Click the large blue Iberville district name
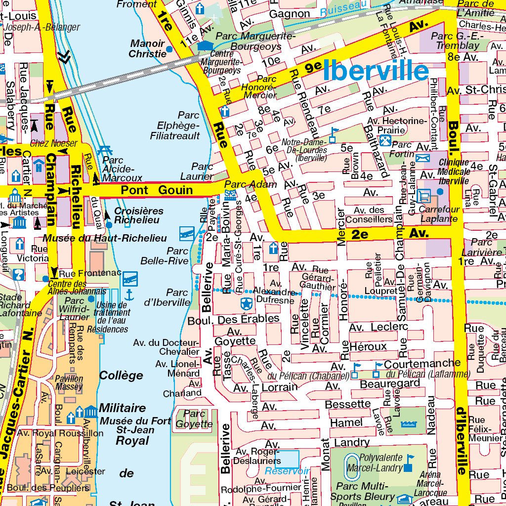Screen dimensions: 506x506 pos(376,71)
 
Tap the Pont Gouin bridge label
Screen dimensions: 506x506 pos(157,190)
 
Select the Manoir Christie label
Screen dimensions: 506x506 pos(147,48)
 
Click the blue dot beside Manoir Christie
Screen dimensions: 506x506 pos(169,49)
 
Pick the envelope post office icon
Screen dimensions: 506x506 pos(423,158)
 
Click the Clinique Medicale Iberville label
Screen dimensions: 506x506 pos(453,171)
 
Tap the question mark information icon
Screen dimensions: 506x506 pos(19,274)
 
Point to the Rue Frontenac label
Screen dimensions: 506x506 pos(83,273)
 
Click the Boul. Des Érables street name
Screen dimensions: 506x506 pos(233,320)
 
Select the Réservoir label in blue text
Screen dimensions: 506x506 pos(287,471)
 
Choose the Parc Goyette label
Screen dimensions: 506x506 pos(194,419)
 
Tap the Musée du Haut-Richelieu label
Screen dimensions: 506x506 pos(104,238)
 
